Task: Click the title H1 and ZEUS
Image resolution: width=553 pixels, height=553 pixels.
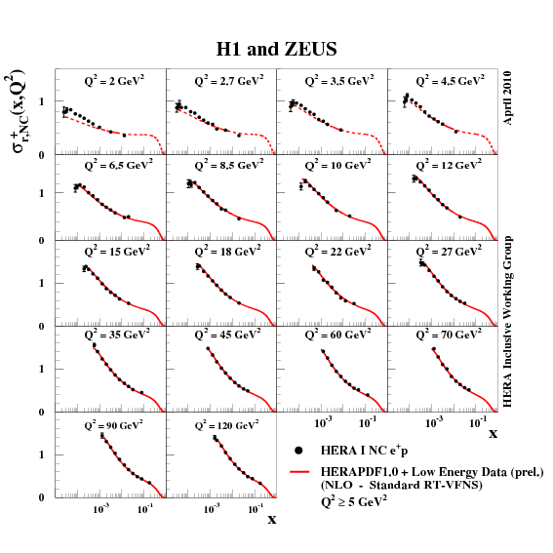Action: (x=277, y=47)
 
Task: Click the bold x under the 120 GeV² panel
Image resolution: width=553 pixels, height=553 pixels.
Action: (x=271, y=519)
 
